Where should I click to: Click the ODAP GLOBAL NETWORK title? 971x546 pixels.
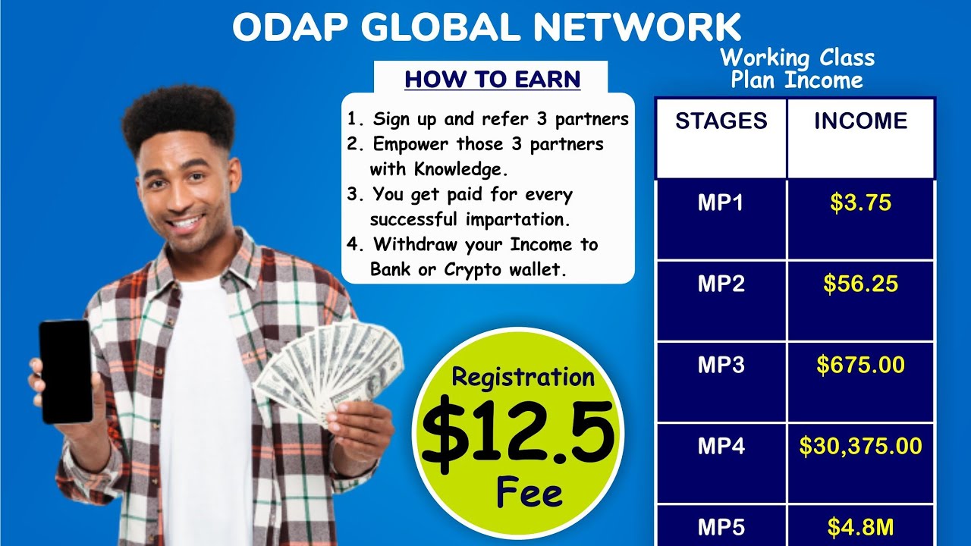click(x=486, y=28)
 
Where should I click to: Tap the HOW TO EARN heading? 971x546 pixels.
click(x=492, y=79)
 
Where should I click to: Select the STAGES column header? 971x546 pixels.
click(x=721, y=121)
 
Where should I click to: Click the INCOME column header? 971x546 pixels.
click(x=860, y=121)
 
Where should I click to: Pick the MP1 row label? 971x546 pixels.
click(x=721, y=203)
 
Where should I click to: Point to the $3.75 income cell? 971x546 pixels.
click(x=860, y=203)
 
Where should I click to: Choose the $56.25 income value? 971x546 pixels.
click(x=860, y=284)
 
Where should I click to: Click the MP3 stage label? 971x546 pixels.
click(x=721, y=365)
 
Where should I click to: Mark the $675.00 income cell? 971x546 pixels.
click(x=860, y=365)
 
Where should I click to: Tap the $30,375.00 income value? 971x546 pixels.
click(x=860, y=446)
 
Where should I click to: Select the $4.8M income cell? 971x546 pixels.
click(x=860, y=526)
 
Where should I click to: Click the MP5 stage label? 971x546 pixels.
click(x=721, y=526)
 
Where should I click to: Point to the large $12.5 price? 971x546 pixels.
click(x=518, y=435)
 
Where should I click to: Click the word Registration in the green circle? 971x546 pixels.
click(x=523, y=377)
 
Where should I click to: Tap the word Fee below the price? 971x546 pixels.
click(x=529, y=494)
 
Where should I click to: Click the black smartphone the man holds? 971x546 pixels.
click(x=65, y=371)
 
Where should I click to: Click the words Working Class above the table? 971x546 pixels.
click(x=797, y=58)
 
